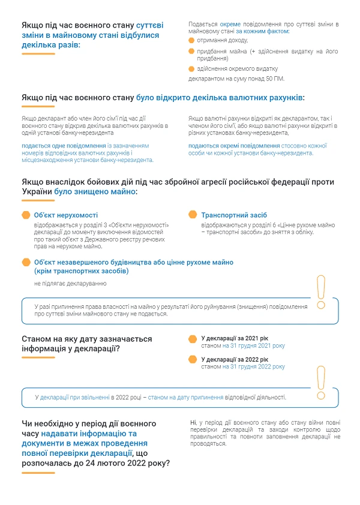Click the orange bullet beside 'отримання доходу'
point(191,40)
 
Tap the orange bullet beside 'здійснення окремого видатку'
point(191,69)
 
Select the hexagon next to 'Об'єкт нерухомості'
point(26,215)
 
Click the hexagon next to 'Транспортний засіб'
point(193,215)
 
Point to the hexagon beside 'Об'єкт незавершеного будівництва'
point(26,262)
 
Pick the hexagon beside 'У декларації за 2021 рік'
point(193,339)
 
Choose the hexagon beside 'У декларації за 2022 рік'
point(193,359)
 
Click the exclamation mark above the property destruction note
point(320,293)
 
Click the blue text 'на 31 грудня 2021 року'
point(254,346)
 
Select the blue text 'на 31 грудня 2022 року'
point(254,366)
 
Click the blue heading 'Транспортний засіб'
point(234,215)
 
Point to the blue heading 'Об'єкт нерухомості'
point(66,215)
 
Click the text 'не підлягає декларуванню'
point(66,282)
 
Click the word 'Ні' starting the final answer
point(192,423)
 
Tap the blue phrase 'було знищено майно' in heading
point(95,191)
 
